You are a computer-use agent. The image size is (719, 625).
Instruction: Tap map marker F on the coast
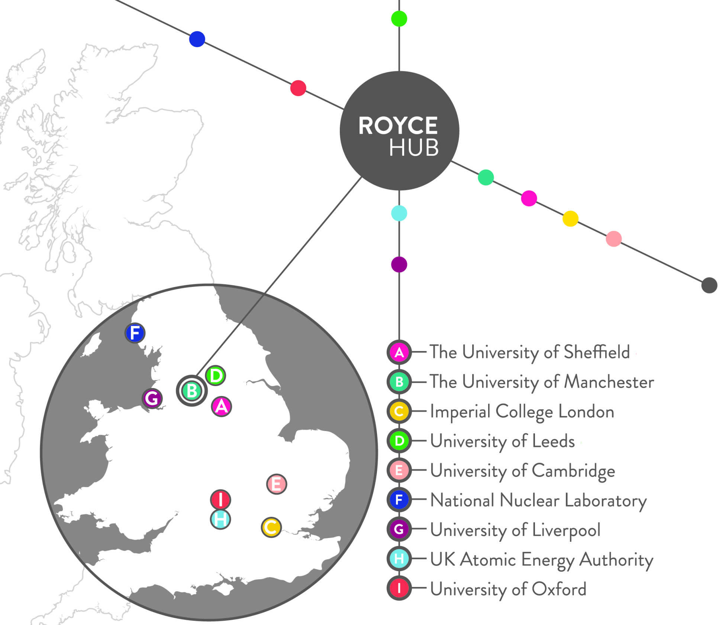tap(135, 333)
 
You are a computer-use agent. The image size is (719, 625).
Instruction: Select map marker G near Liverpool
tap(152, 398)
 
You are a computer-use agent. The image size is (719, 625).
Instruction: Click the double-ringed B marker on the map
tap(192, 391)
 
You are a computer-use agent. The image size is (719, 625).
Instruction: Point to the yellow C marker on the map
tap(271, 527)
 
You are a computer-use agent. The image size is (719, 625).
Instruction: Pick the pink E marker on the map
tap(277, 484)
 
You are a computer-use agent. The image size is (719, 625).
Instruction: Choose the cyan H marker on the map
tap(220, 519)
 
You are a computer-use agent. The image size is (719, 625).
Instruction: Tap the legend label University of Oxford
tap(508, 589)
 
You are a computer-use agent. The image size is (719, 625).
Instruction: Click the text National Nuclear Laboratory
tap(538, 500)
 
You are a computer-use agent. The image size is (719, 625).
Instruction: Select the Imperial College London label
tap(522, 411)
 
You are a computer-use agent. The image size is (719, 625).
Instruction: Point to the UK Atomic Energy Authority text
tap(541, 559)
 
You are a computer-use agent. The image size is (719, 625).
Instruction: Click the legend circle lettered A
tap(399, 352)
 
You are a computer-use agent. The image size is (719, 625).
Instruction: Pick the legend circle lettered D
tap(399, 441)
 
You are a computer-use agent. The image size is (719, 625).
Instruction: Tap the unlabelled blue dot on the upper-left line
tap(197, 39)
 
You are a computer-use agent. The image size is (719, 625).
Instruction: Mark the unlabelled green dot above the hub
tap(399, 19)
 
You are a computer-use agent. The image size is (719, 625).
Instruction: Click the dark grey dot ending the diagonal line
tap(709, 285)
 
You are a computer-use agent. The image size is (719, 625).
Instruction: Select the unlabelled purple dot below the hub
tap(399, 265)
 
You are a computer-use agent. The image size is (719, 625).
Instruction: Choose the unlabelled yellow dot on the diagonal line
tap(570, 218)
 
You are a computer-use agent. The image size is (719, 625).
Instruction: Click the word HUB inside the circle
tap(414, 148)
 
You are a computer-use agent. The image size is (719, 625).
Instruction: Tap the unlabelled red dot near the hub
tap(298, 88)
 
